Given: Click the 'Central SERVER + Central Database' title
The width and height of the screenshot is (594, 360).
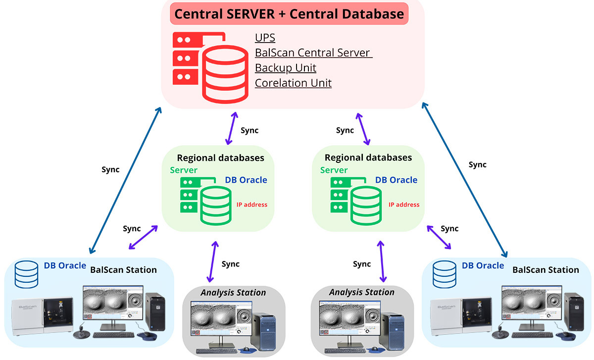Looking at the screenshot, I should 289,14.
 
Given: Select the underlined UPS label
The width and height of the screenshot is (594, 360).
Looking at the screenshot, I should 265,38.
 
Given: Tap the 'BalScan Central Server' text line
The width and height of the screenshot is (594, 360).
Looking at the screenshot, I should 313,52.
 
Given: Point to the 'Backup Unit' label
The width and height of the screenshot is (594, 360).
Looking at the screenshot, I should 285,67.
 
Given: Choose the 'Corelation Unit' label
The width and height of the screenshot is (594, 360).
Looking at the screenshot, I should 293,83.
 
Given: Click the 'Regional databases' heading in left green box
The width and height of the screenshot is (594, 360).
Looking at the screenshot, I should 221,158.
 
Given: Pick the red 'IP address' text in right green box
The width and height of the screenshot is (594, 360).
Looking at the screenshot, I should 403,205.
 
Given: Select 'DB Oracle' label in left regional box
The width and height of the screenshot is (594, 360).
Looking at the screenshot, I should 246,180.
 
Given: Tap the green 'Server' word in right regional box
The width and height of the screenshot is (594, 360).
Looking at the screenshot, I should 334,170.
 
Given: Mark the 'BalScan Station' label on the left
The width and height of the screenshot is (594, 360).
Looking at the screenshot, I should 123,270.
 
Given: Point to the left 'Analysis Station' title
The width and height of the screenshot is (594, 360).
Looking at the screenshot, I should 233,293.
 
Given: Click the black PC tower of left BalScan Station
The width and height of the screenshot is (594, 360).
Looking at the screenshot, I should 155,312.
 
